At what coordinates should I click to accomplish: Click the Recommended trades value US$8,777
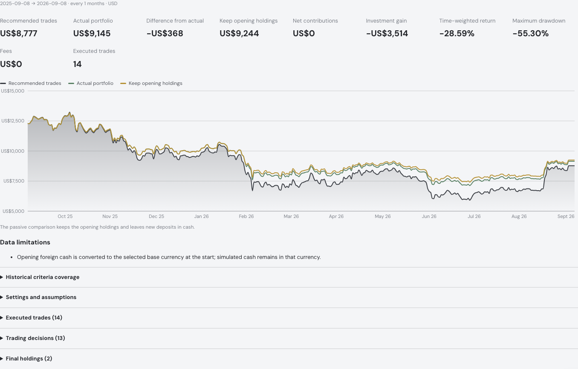(x=19, y=34)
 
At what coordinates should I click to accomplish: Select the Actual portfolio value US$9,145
(x=92, y=34)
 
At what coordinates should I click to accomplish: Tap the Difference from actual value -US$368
(x=165, y=34)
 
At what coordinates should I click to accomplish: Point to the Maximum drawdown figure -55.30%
(x=530, y=34)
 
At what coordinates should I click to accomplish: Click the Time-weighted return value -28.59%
(x=457, y=34)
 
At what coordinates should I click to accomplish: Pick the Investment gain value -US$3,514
(x=387, y=34)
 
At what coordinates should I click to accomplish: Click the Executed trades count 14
(x=78, y=64)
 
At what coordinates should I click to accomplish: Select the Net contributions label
(x=315, y=20)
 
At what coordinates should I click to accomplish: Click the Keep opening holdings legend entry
(x=151, y=84)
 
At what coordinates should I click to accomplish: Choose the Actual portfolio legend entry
(x=91, y=84)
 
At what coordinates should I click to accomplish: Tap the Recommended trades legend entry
(x=31, y=84)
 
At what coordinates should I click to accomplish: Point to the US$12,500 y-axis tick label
(x=13, y=121)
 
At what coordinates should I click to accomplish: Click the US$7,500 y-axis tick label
(x=14, y=181)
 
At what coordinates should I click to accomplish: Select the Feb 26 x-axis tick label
(x=246, y=216)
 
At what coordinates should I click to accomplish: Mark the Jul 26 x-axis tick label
(x=474, y=216)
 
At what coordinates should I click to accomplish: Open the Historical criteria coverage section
(x=43, y=277)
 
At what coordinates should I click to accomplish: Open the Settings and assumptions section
(x=41, y=297)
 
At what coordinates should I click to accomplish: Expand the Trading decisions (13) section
(x=35, y=338)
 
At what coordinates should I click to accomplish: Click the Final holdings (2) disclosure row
(x=29, y=359)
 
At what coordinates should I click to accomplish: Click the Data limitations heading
(x=25, y=242)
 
